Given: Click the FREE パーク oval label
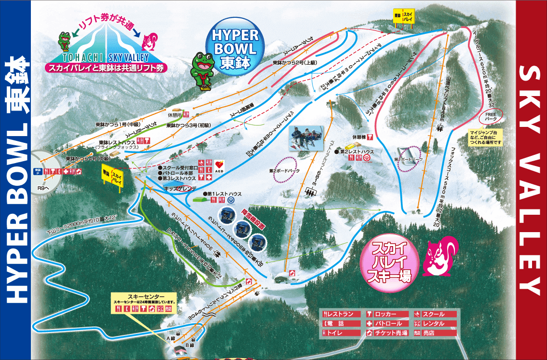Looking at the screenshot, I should tap(491, 116).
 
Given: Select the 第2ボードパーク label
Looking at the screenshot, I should tap(285, 171).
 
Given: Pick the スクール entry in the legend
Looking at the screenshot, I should tap(434, 314).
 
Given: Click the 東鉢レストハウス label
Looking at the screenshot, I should tap(116, 142).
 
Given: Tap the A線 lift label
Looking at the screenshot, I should tap(171, 339).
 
